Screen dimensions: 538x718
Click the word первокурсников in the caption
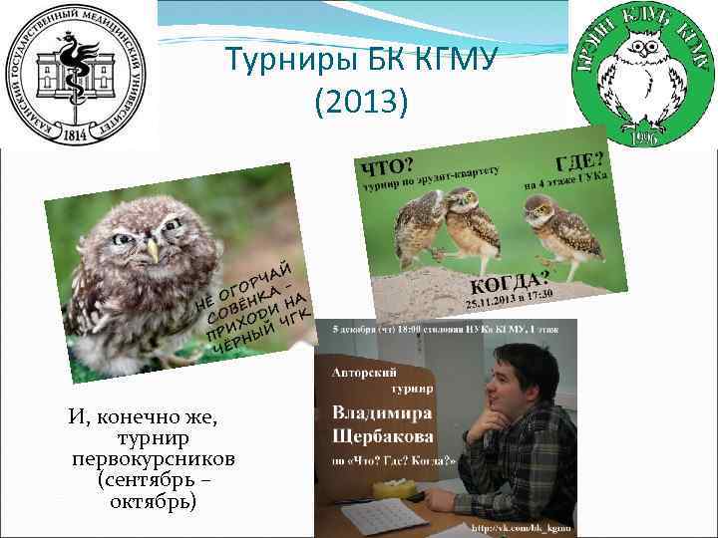click(153, 459)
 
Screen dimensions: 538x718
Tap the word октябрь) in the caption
click(154, 500)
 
